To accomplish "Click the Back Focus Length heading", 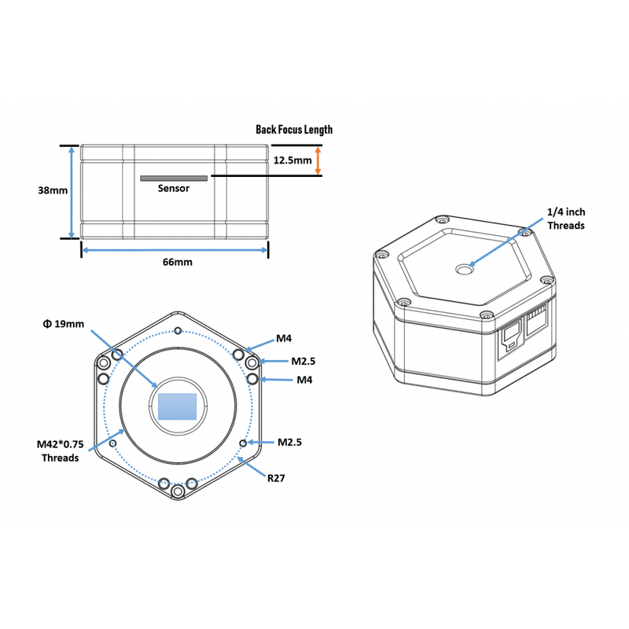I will click(294, 130).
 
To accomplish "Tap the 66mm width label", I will click(176, 262).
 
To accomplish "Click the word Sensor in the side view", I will click(174, 189).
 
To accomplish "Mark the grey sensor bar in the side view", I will click(174, 178).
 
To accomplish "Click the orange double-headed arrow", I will click(318, 160).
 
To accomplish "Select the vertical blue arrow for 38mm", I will click(72, 192).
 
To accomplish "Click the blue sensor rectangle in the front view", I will click(177, 406).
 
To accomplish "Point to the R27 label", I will click(274, 477).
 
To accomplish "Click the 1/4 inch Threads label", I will click(566, 219).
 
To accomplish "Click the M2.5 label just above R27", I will click(289, 442).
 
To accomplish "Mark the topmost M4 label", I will click(284, 339).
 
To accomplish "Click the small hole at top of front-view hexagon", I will click(178, 330).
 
